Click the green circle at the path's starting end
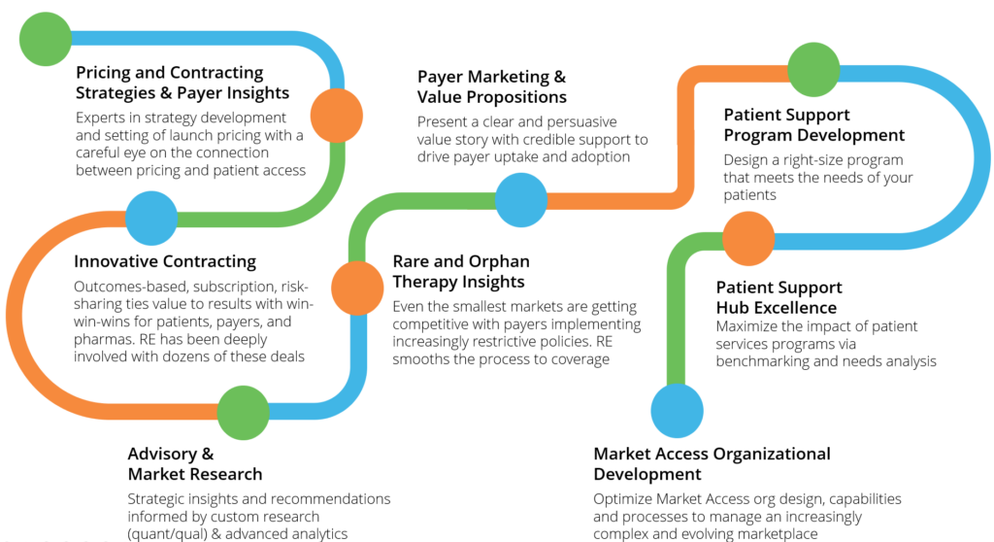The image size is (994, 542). click(x=46, y=39)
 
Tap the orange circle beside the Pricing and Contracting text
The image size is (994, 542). click(x=337, y=116)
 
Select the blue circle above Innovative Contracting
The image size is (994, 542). click(x=150, y=219)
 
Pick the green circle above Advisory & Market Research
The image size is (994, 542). click(x=244, y=413)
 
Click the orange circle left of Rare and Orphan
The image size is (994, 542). click(x=357, y=288)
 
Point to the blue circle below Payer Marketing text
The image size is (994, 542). click(x=521, y=200)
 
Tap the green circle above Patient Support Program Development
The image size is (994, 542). click(x=814, y=69)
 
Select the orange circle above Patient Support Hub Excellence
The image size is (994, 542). click(x=748, y=239)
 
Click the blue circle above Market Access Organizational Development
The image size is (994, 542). click(x=677, y=411)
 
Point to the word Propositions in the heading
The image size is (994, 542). click(x=516, y=97)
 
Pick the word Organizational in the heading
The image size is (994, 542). click(x=772, y=454)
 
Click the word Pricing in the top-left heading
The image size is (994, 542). click(x=101, y=73)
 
